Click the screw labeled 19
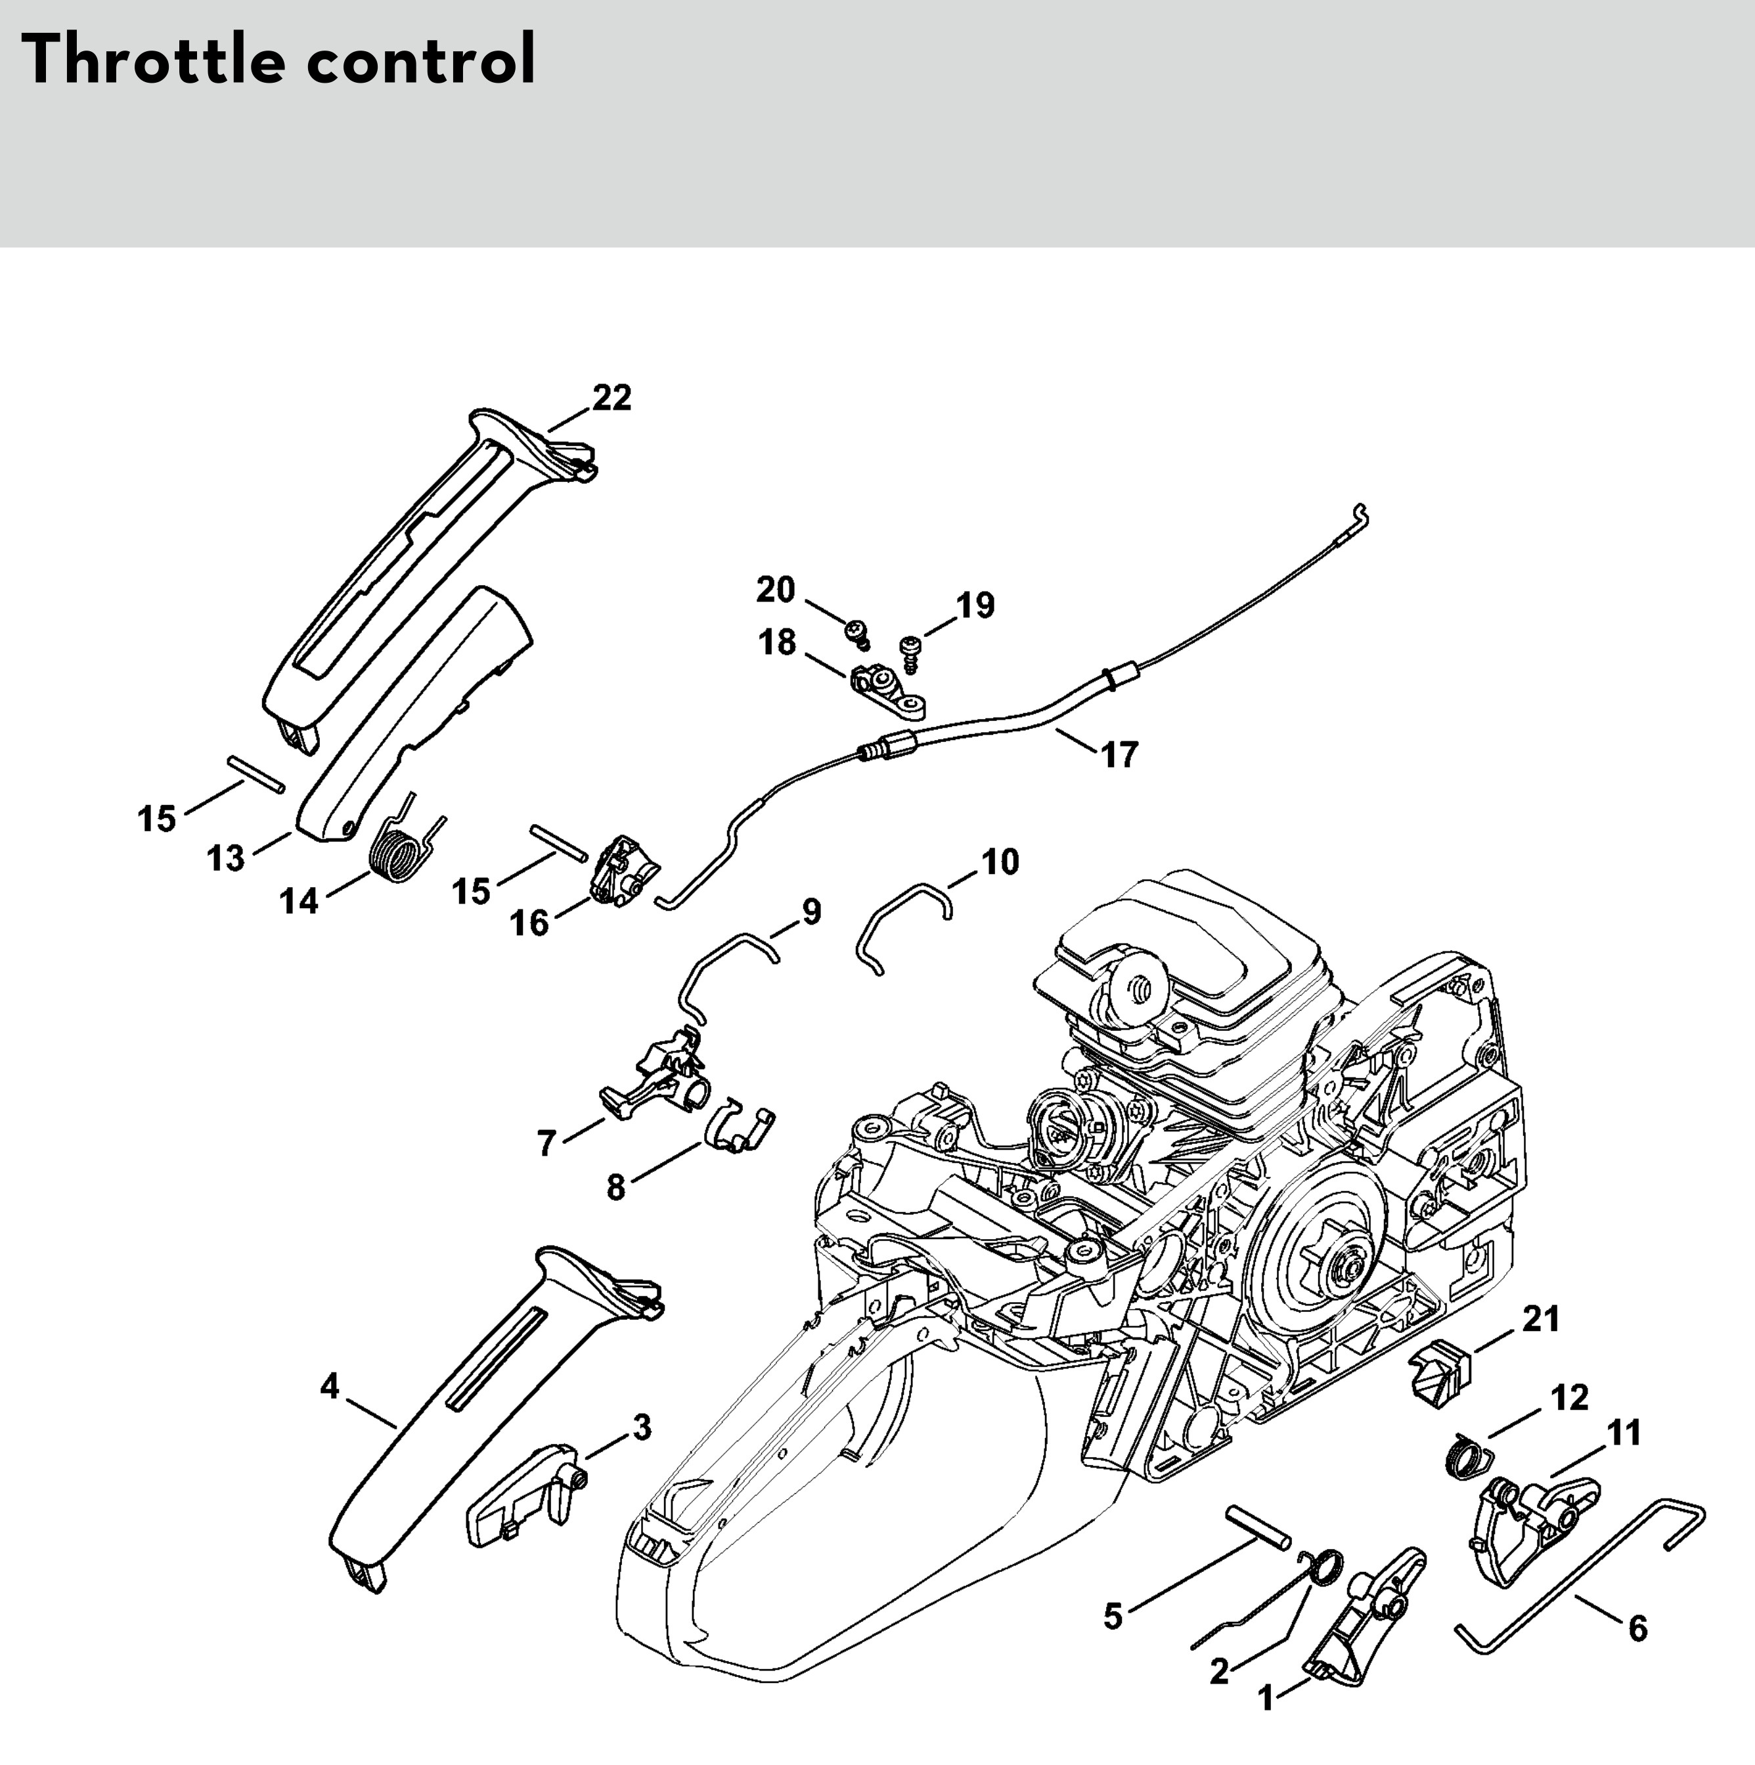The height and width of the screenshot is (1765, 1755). pos(912,651)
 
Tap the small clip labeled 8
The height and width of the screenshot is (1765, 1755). pos(738,1131)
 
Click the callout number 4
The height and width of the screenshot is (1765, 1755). pos(330,1387)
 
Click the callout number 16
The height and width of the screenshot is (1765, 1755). pos(530,923)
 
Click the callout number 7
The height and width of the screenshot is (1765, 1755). pos(546,1143)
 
